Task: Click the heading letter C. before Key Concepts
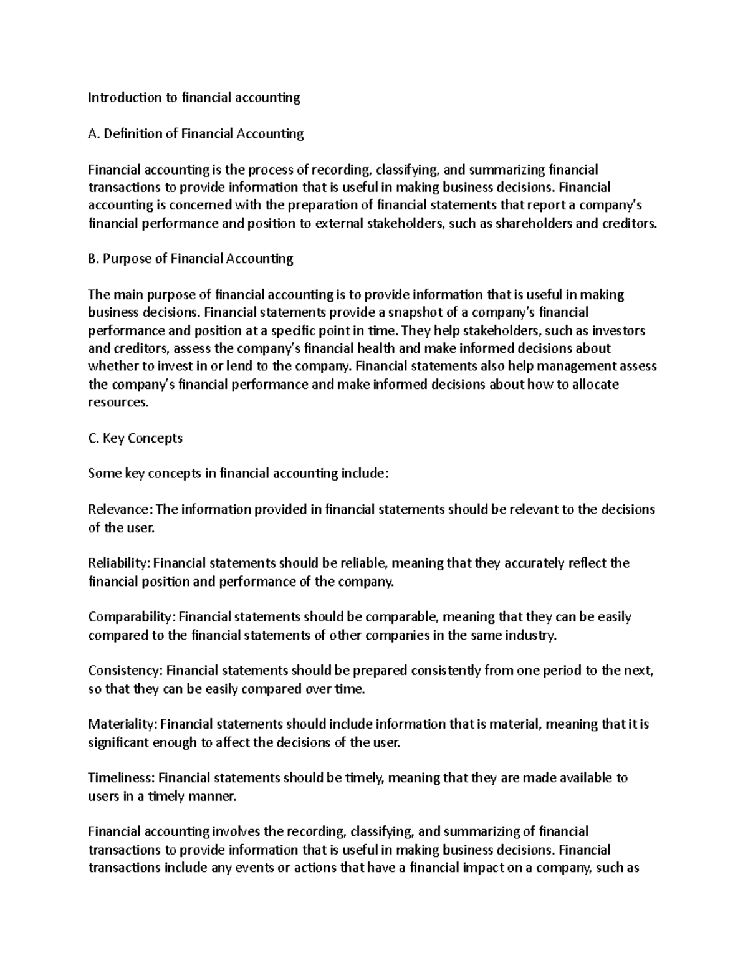(93, 438)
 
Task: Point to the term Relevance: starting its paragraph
(120, 510)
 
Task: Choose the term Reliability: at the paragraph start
(119, 563)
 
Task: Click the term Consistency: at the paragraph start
(125, 671)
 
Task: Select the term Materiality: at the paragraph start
(123, 724)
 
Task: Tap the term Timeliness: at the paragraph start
(122, 778)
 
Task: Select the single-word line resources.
(118, 403)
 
